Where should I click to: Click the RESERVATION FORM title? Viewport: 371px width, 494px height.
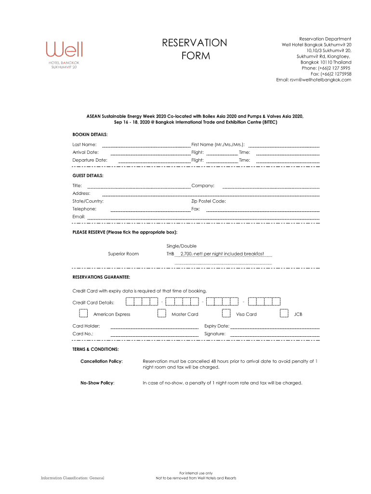195,49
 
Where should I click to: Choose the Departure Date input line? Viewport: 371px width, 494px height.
154,161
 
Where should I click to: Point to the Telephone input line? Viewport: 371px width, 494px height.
150,210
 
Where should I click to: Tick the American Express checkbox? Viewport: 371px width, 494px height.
83,314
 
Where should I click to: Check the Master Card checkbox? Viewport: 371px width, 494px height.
162,314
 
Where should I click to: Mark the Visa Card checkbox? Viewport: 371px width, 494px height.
226,314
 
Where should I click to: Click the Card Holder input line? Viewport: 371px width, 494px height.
155,328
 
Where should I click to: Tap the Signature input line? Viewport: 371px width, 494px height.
275,335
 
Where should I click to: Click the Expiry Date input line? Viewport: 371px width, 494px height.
275,328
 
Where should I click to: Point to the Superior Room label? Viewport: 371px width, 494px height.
123,254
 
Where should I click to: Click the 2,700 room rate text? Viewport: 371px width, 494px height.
222,254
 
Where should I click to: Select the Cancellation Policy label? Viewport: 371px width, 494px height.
101,361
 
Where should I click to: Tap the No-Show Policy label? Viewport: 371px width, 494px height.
97,383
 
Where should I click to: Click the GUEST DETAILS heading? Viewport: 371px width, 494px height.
88,176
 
